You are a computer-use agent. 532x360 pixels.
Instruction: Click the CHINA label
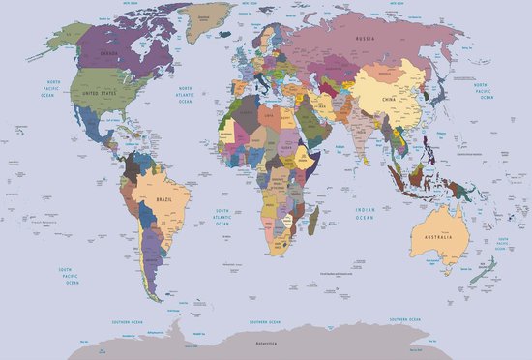389,100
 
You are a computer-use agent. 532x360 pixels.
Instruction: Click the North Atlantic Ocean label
184,94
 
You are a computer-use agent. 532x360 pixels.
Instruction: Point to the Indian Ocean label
365,214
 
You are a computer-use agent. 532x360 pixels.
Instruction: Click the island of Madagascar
312,224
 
